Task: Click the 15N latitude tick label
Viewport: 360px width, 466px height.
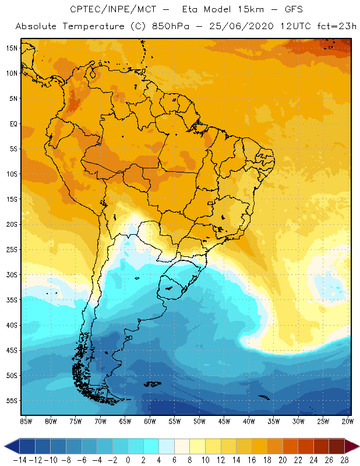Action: [x=12, y=48]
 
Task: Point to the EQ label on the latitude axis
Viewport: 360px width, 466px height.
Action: [x=13, y=123]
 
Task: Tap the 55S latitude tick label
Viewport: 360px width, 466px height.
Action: [x=12, y=401]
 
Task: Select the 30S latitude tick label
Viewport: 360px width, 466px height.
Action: [x=12, y=274]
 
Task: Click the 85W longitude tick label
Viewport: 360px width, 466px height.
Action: [x=26, y=421]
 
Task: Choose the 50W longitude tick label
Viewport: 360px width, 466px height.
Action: [x=199, y=421]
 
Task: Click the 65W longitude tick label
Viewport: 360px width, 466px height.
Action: [x=125, y=421]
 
